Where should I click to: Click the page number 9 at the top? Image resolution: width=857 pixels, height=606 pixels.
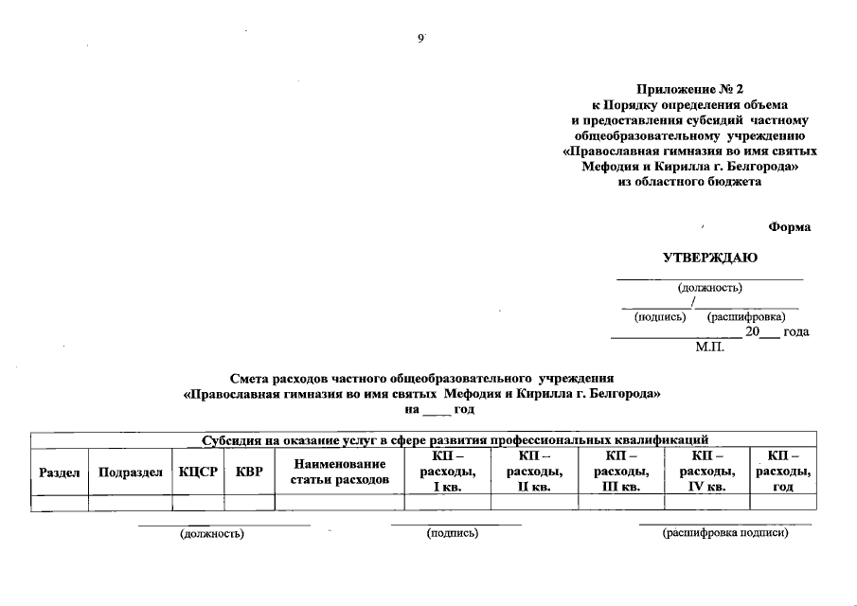coord(420,38)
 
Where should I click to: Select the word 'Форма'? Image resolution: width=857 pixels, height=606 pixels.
coord(789,227)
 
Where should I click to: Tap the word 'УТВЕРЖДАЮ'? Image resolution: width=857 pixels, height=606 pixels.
coord(709,258)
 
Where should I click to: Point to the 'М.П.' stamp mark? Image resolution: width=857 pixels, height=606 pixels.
coord(709,348)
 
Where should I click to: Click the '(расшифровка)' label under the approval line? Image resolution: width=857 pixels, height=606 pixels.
coord(745,316)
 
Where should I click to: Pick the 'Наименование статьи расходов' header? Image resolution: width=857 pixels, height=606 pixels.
coord(340,472)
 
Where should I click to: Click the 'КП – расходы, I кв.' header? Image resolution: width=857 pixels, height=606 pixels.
coord(447,472)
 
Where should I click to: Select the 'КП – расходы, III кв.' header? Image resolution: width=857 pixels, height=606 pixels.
coord(621,472)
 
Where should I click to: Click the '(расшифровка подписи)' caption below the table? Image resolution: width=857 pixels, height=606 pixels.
coord(725,534)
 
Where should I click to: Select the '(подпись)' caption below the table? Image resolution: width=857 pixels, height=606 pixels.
coord(453,534)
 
